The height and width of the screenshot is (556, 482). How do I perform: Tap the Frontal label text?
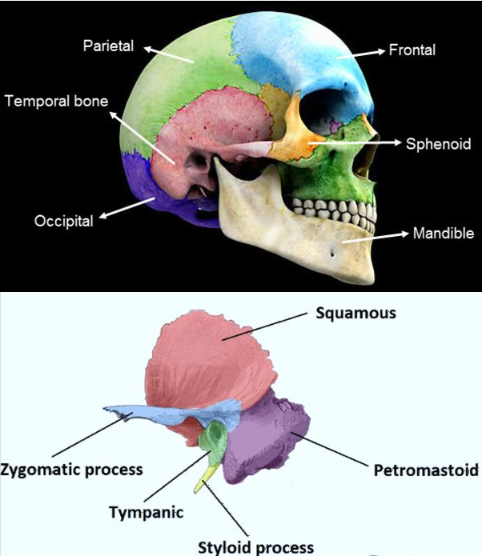[x=412, y=50]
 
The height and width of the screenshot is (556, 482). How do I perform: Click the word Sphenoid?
[x=437, y=144]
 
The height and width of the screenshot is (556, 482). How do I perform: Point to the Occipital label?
[x=63, y=220]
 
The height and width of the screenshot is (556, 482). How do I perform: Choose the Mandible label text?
[x=442, y=234]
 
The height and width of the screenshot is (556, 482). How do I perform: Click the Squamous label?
[x=355, y=313]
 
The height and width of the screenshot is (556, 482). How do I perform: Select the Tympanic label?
[x=146, y=512]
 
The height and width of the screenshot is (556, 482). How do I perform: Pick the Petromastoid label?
[x=425, y=469]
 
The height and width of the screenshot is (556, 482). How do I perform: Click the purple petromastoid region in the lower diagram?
[x=268, y=436]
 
